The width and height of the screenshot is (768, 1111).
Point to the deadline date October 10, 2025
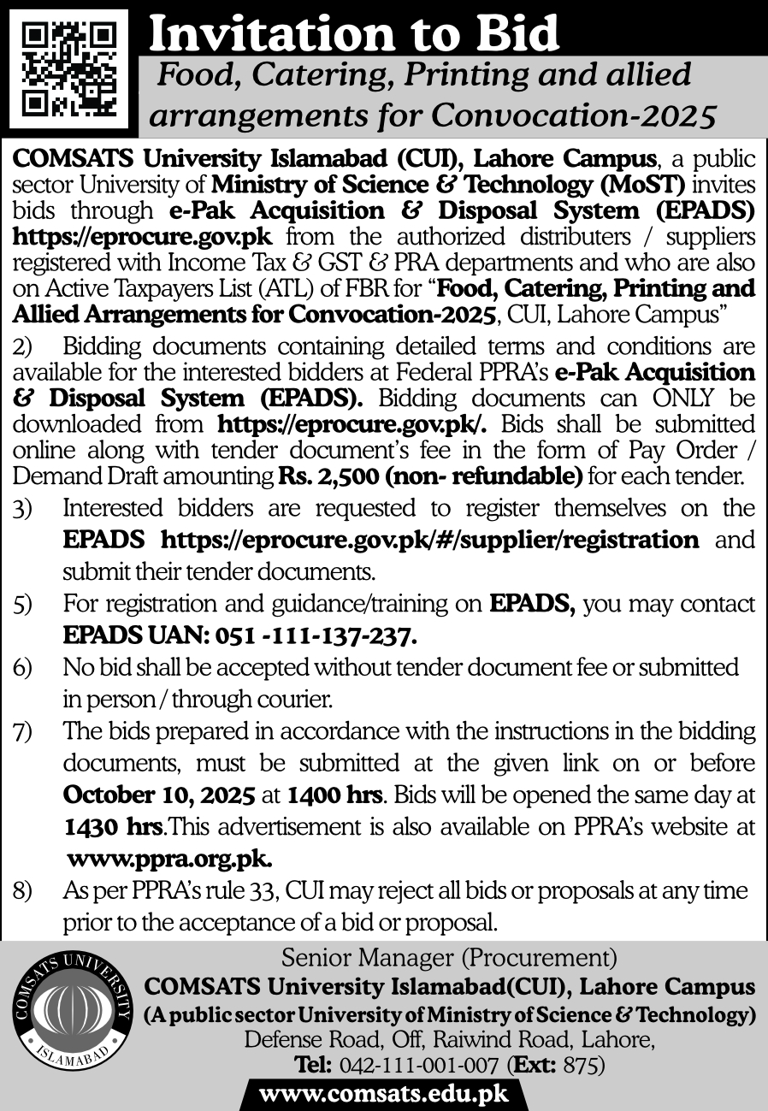tap(160, 795)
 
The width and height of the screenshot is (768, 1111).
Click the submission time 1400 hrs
tap(334, 795)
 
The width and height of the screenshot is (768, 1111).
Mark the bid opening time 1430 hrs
tap(113, 827)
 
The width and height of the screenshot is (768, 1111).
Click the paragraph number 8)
tap(22, 891)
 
